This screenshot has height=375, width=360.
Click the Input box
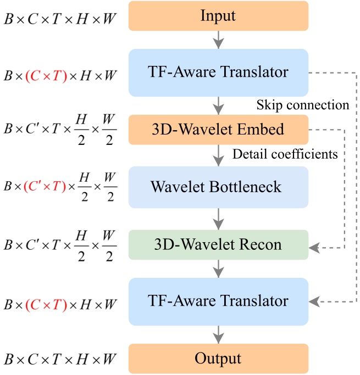click(x=218, y=15)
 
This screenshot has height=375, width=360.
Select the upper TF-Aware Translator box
click(x=218, y=72)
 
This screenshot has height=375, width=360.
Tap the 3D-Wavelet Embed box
click(x=218, y=130)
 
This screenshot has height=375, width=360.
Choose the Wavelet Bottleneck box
click(x=218, y=187)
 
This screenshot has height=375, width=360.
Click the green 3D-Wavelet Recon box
click(x=218, y=244)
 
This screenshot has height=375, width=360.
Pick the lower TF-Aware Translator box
click(x=218, y=301)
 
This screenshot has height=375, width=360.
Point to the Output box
click(x=218, y=359)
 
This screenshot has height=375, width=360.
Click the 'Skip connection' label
click(x=302, y=105)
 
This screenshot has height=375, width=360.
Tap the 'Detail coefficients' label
click(x=285, y=154)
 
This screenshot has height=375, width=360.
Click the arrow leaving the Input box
click(x=219, y=40)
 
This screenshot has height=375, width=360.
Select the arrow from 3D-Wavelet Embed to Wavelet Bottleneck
click(x=219, y=155)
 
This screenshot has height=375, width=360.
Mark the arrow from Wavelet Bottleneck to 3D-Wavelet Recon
click(x=219, y=219)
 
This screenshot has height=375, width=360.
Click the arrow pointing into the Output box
click(x=219, y=334)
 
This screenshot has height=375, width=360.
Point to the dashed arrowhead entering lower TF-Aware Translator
click(x=314, y=301)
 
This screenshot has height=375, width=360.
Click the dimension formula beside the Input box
click(x=59, y=18)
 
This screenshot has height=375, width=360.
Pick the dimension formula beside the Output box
click(x=59, y=360)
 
